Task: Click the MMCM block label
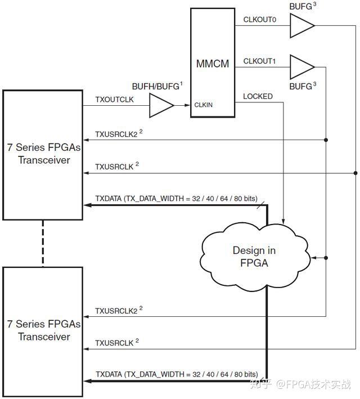pos(213,64)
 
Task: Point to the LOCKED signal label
pos(258,96)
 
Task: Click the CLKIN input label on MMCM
pos(203,105)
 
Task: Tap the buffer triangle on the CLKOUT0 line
pos(301,26)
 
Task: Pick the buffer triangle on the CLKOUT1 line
pos(301,67)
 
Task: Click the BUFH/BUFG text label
pos(156,86)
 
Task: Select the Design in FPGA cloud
pos(254,256)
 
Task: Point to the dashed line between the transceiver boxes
pos(43,243)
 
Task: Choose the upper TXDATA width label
pos(176,199)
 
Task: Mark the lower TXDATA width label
pos(176,374)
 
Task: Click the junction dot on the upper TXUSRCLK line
pos(355,173)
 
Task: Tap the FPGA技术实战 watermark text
pos(318,385)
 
